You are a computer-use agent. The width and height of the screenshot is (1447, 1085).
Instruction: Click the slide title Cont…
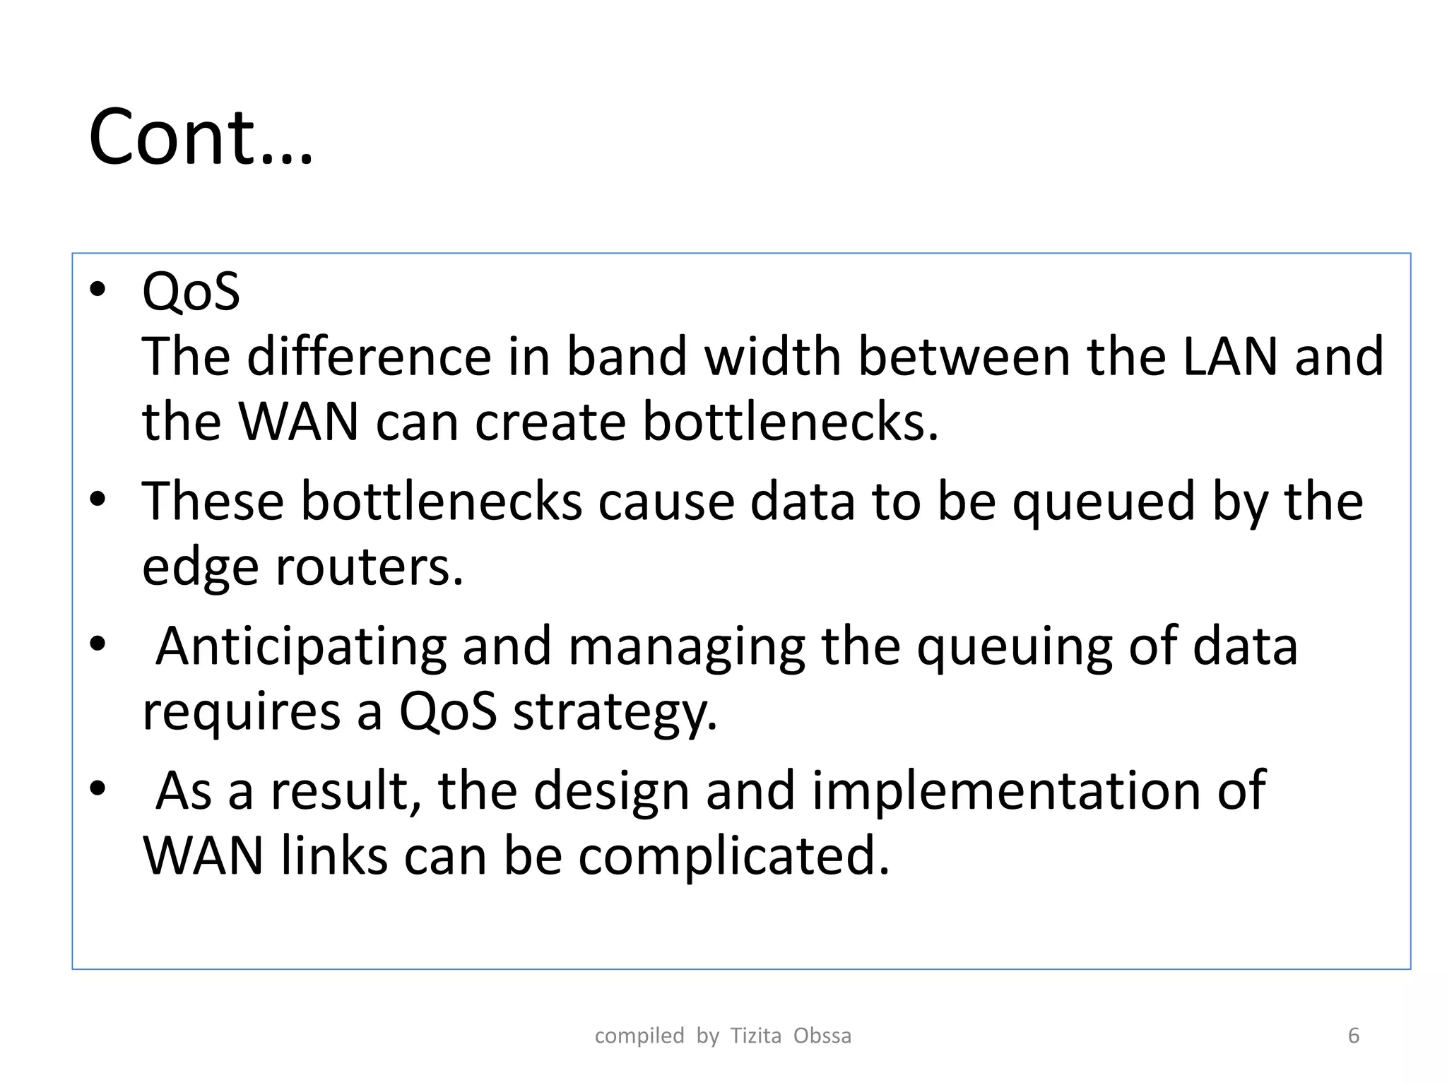[x=201, y=137]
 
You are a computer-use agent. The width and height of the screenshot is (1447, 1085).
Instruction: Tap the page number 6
[x=1354, y=1036]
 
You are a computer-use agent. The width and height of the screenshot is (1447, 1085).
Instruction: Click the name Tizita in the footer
[x=755, y=1036]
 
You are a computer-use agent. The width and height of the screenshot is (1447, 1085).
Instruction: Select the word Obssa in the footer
[x=822, y=1036]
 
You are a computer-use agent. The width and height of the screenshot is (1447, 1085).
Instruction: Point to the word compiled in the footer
[x=639, y=1036]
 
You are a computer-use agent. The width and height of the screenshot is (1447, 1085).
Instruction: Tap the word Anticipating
[x=301, y=647]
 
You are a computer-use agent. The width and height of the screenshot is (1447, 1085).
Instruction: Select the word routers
[x=369, y=567]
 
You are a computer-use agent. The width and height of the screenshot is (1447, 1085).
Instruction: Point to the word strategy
[x=615, y=712]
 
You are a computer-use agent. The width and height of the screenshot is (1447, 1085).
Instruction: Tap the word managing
[x=686, y=647]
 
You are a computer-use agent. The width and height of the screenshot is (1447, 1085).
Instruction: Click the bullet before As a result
[x=98, y=788]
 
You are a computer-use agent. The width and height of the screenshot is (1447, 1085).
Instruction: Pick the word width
[x=773, y=357]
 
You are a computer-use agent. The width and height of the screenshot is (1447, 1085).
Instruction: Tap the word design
[x=611, y=790]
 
